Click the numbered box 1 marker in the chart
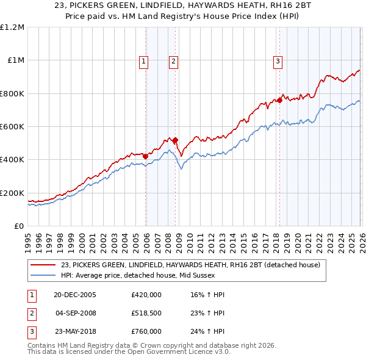[x=143, y=60]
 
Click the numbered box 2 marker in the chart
[x=173, y=60]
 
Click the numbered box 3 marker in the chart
[x=278, y=60]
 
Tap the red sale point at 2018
[x=279, y=100]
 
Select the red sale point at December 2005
[x=146, y=156]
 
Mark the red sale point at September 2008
[x=175, y=140]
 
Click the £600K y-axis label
[x=12, y=127]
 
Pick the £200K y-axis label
[x=12, y=193]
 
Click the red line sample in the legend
[x=44, y=265]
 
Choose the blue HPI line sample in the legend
[x=44, y=275]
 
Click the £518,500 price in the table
[x=146, y=313]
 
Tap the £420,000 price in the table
[x=146, y=295]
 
